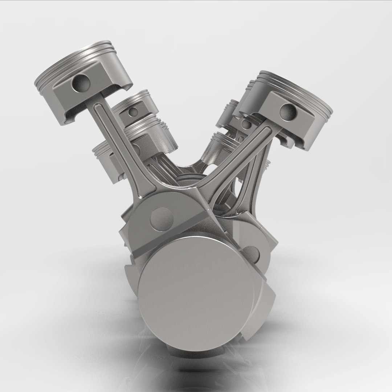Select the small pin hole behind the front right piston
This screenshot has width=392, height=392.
click(246, 124)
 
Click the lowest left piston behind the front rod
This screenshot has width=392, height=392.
click(105, 160)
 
